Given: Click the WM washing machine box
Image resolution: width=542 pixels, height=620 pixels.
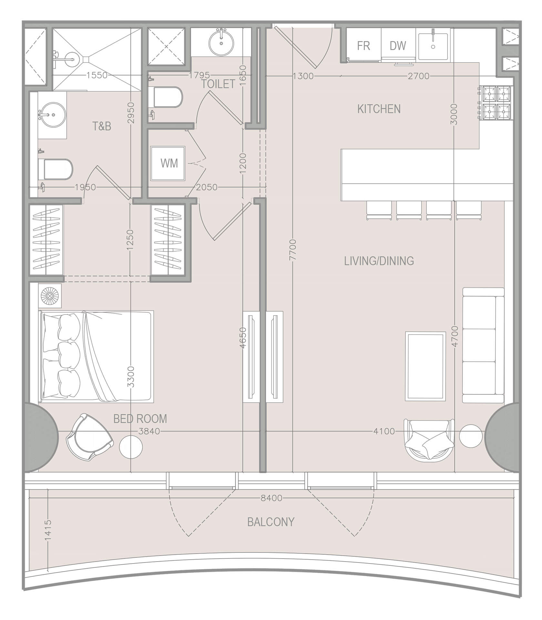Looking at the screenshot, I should (x=168, y=163).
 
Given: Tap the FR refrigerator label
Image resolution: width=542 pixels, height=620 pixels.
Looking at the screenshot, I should (x=363, y=46).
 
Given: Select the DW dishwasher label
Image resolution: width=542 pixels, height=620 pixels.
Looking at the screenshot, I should (x=398, y=46).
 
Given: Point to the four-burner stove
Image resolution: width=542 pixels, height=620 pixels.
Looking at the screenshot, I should (x=496, y=103).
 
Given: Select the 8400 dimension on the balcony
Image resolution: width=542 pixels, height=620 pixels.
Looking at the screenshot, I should (x=271, y=498).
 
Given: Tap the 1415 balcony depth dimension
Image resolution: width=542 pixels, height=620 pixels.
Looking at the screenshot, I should (x=48, y=530).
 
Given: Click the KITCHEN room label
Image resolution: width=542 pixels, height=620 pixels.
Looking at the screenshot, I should (x=379, y=109).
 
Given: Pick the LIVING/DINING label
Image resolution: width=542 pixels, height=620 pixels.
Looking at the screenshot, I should (x=379, y=261).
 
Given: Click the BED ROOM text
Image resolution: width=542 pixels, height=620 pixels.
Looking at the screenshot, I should (x=140, y=419).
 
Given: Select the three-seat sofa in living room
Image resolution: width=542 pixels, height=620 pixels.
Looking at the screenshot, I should (x=483, y=345).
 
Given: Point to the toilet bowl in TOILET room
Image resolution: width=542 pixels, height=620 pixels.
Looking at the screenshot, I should (x=168, y=97).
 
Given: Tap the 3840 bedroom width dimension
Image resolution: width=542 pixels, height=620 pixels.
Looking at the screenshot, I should (x=149, y=431).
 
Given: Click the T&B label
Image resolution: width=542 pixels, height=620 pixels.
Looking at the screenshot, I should (x=102, y=126).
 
